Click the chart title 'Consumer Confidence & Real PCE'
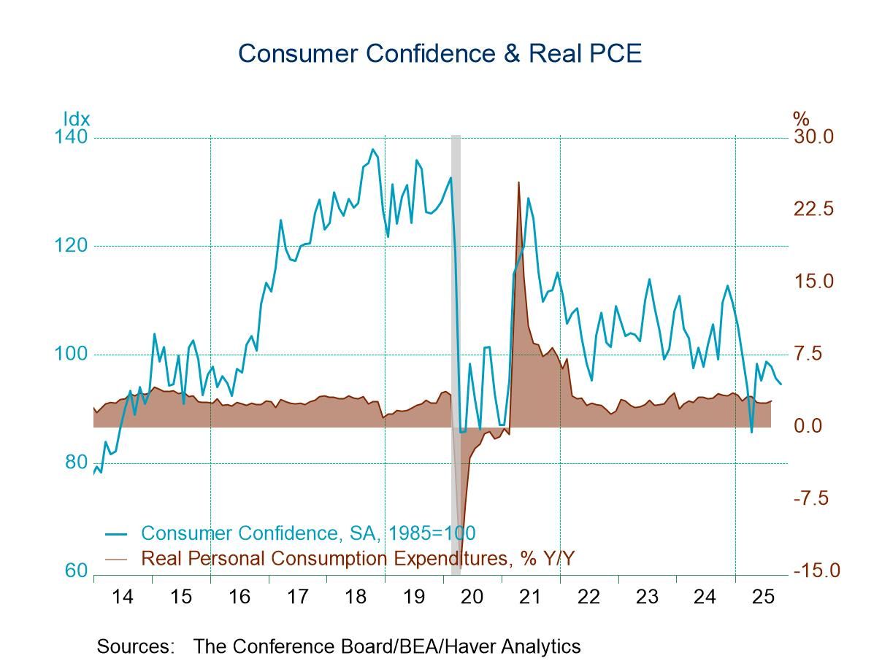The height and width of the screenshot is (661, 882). (x=440, y=53)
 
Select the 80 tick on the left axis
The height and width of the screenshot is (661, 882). (x=75, y=463)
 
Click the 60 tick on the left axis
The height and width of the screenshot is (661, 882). (x=75, y=571)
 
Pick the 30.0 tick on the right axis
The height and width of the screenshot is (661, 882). (x=813, y=137)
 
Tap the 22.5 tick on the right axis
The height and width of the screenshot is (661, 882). (x=813, y=209)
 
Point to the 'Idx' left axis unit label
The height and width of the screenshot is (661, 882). (x=76, y=119)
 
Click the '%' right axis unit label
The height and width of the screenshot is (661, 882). (x=801, y=119)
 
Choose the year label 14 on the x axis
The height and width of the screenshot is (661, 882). (x=123, y=597)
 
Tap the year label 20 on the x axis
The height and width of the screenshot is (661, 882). (x=472, y=597)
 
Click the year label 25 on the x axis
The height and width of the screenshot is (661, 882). (x=763, y=597)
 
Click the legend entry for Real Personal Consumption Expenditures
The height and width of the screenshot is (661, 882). (x=357, y=559)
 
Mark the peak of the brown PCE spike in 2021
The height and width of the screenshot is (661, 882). (x=518, y=182)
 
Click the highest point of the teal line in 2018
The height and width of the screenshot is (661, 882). (x=372, y=150)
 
